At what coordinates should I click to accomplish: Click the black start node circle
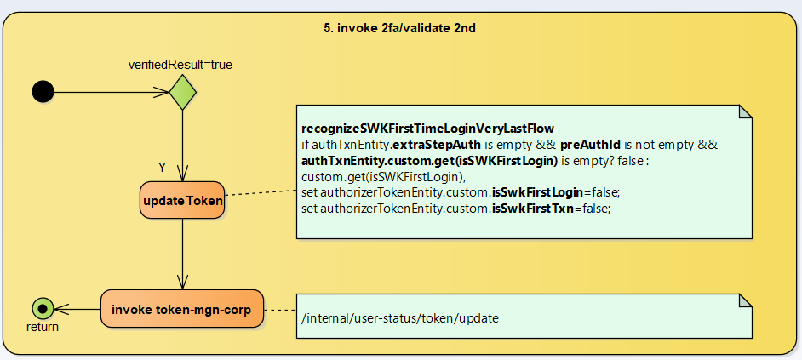pyautogui.click(x=43, y=92)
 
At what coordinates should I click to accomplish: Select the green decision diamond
pyautogui.click(x=183, y=92)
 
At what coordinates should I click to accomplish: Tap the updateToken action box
pyautogui.click(x=183, y=202)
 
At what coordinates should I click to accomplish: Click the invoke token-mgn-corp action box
pyautogui.click(x=182, y=310)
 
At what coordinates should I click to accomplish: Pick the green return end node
pyautogui.click(x=43, y=309)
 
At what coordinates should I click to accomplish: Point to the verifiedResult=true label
pyautogui.click(x=180, y=64)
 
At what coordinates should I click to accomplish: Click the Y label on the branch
pyautogui.click(x=162, y=167)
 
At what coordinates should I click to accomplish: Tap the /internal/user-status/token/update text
pyautogui.click(x=400, y=318)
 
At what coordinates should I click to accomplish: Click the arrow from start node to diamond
pyautogui.click(x=111, y=92)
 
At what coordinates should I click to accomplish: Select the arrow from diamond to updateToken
pyautogui.click(x=183, y=145)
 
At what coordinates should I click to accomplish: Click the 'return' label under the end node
pyautogui.click(x=43, y=327)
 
